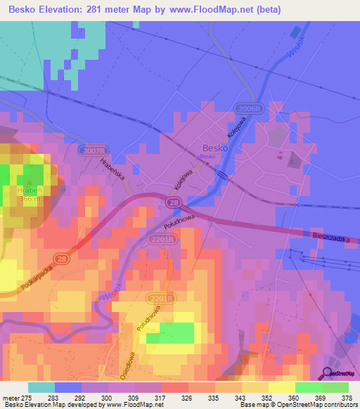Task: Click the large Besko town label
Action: pos(214,148)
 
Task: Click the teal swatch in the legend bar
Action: pos(41,387)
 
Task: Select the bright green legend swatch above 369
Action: pos(309,387)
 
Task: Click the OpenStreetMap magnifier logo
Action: pos(328,373)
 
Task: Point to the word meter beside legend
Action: pos(10,398)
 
